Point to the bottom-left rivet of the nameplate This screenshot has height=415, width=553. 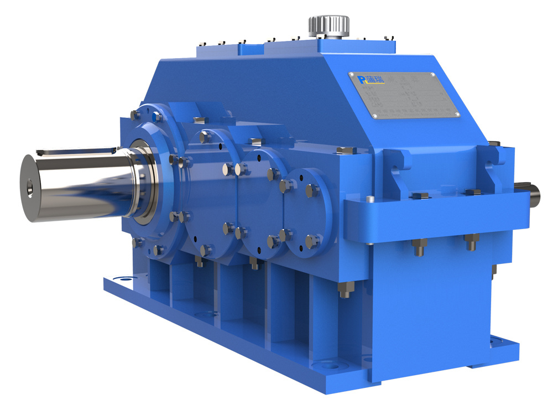point(374,116)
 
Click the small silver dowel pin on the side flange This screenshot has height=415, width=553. point(370,199)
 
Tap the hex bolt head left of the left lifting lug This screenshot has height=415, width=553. point(345,150)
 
